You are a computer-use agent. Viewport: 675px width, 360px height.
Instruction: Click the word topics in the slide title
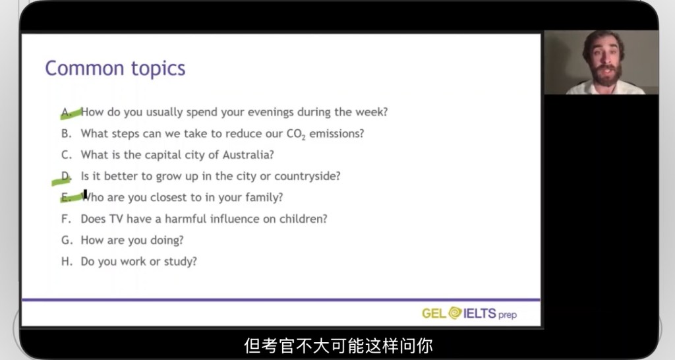click(x=158, y=69)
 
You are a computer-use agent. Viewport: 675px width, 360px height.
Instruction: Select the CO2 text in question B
click(x=296, y=134)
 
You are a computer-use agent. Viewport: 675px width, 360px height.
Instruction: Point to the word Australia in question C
click(x=248, y=154)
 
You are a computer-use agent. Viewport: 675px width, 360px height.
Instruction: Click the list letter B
click(x=66, y=133)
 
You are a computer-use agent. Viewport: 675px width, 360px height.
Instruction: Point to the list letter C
click(x=67, y=154)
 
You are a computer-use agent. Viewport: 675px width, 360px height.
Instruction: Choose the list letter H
click(x=67, y=261)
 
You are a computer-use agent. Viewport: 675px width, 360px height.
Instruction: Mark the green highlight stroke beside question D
click(x=61, y=181)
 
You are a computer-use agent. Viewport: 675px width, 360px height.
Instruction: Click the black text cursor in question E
click(x=85, y=195)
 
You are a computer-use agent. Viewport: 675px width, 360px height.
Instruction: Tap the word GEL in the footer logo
click(x=434, y=313)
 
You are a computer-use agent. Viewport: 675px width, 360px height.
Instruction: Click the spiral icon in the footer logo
click(x=455, y=313)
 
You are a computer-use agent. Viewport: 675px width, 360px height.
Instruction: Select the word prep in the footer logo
click(x=508, y=315)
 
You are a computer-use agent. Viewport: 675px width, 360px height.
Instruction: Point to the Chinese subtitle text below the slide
click(x=338, y=345)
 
